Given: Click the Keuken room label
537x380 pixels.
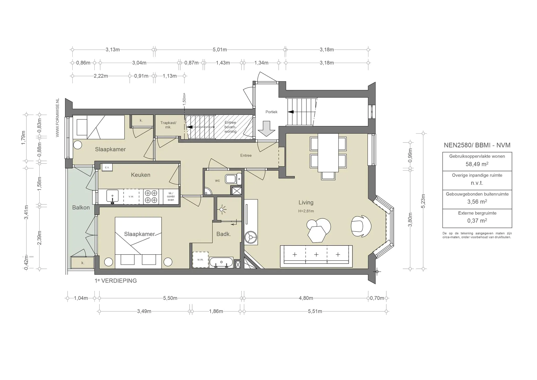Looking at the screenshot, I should coord(141,175).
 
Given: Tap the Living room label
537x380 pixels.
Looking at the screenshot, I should coord(306,202).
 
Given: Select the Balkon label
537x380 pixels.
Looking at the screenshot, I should coord(81,208).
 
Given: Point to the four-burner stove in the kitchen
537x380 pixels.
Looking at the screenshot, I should coord(151,197).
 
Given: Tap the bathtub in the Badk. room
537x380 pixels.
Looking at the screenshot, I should coord(221,262).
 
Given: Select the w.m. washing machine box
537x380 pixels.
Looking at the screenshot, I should coord(200,260).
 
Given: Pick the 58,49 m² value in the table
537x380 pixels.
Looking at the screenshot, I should coord(477,164).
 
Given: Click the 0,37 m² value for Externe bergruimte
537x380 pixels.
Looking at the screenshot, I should coord(477,221).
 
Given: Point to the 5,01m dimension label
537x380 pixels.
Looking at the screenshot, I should coord(220,50).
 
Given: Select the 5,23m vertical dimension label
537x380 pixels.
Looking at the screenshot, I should coord(423,201).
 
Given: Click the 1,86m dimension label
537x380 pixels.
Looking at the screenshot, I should coord(216,311).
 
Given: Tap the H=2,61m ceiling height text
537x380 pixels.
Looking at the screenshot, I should coord(306,211).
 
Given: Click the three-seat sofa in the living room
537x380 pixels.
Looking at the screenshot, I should coord(316,256).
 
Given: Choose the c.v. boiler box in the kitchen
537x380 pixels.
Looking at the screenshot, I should coord(107,167).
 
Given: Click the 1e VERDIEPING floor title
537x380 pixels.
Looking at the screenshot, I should coord(116,281).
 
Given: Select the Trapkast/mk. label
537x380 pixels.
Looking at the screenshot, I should coord(168,125).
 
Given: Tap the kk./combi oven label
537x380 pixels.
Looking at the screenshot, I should coord(171,196).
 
